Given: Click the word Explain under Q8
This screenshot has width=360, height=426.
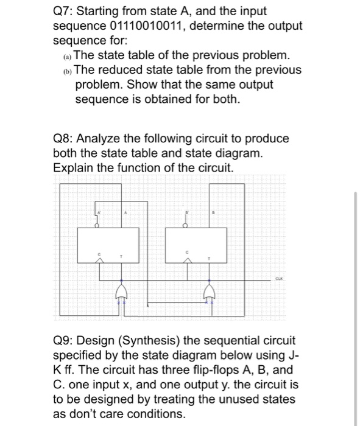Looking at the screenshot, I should [74, 167].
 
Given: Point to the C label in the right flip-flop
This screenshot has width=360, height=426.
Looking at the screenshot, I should [188, 252].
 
